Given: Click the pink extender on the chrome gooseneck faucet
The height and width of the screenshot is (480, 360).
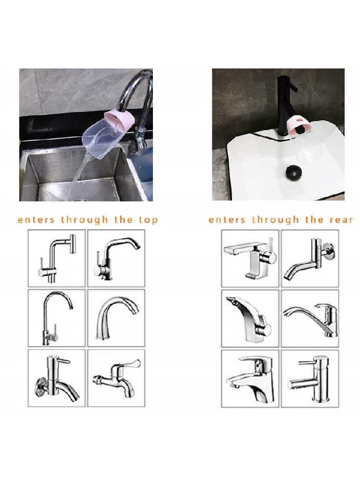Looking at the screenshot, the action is (x=119, y=120).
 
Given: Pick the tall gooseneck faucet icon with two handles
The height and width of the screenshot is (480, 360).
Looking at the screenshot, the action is (x=57, y=319).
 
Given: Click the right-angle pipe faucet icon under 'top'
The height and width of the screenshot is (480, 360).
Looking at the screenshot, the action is (x=57, y=259).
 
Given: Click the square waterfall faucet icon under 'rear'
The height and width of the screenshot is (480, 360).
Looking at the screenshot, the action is (x=250, y=258).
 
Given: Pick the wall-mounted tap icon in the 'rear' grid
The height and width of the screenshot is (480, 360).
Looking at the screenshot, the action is (x=309, y=259).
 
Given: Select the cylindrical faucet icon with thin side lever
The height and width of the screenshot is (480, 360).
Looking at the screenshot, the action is (x=310, y=379).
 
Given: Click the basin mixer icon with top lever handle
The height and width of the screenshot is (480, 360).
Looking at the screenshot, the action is (x=250, y=379).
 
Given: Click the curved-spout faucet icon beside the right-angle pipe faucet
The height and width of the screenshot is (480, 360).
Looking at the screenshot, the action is (x=117, y=259).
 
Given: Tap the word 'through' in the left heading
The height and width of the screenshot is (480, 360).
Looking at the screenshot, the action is (x=84, y=220).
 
